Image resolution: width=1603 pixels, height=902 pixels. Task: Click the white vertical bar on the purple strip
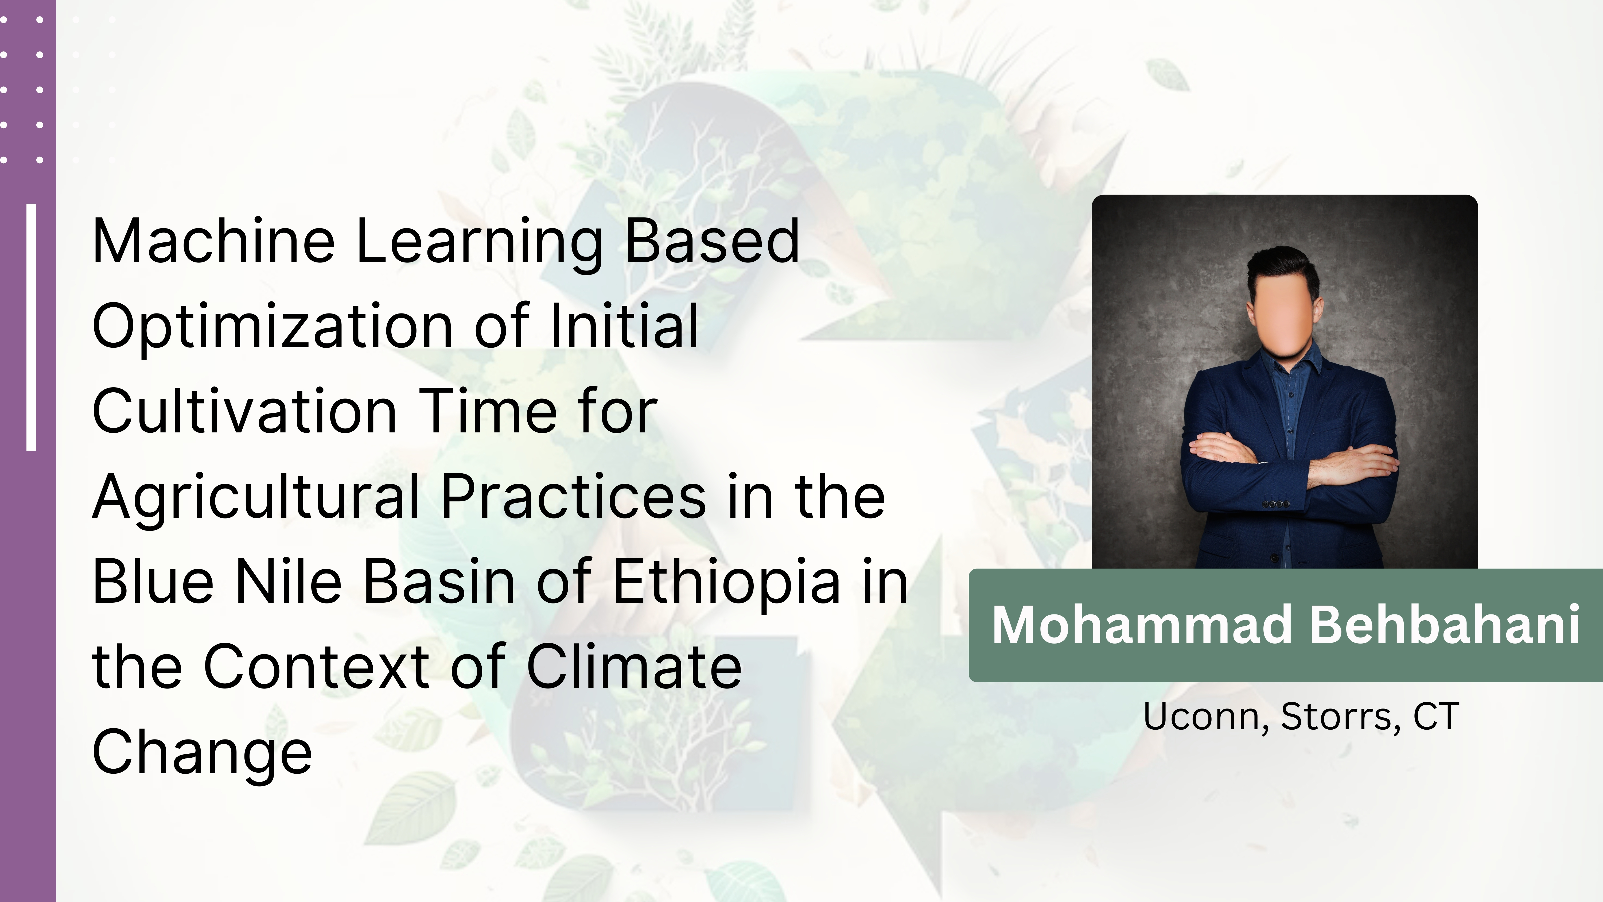(31, 327)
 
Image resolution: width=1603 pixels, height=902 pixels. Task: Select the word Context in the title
(316, 667)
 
